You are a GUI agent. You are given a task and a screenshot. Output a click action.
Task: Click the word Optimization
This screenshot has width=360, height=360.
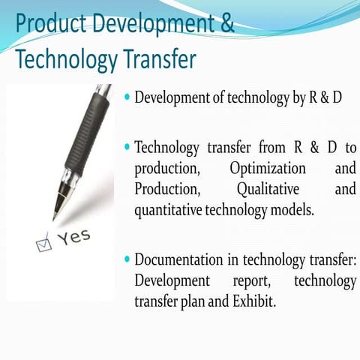click(x=268, y=167)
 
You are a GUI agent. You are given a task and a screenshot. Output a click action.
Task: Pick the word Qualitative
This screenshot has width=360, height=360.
click(x=268, y=189)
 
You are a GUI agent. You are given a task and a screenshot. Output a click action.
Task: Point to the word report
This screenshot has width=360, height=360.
click(x=252, y=281)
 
